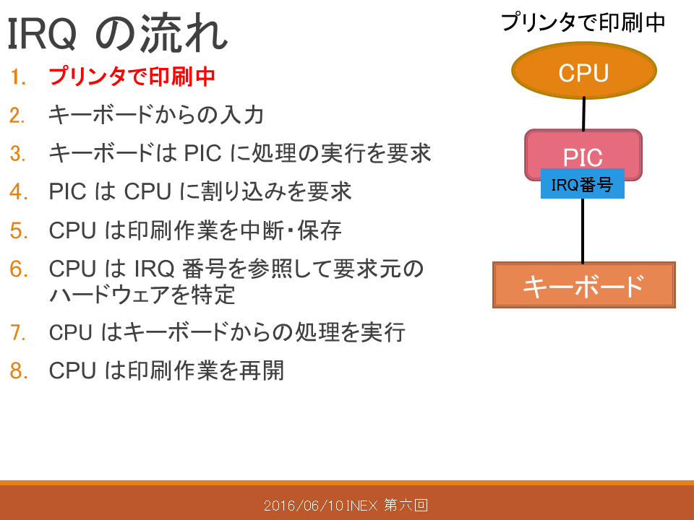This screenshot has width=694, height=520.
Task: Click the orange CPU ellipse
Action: (584, 71)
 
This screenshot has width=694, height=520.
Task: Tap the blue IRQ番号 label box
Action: (583, 183)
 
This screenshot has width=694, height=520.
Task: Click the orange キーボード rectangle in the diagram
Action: (584, 285)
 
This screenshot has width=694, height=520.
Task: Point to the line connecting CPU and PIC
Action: (584, 114)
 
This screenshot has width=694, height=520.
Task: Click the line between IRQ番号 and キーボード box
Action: (583, 230)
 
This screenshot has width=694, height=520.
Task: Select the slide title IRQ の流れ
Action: (117, 34)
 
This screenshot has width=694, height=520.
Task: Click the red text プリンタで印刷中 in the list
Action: (132, 77)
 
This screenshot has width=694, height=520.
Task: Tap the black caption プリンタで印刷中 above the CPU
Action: (583, 22)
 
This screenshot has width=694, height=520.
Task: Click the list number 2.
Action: (17, 116)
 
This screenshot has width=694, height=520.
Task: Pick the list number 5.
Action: (19, 231)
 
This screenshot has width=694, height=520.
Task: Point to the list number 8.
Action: (19, 370)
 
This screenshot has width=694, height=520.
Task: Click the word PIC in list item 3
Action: (202, 153)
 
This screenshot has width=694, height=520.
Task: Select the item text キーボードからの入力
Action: (156, 115)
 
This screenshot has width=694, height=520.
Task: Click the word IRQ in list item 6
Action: (154, 269)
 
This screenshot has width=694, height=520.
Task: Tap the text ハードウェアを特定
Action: (142, 295)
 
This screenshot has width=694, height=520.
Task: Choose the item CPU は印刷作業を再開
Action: (166, 370)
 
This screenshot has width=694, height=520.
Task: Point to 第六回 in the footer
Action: (406, 505)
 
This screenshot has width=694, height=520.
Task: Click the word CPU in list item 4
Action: (147, 192)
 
